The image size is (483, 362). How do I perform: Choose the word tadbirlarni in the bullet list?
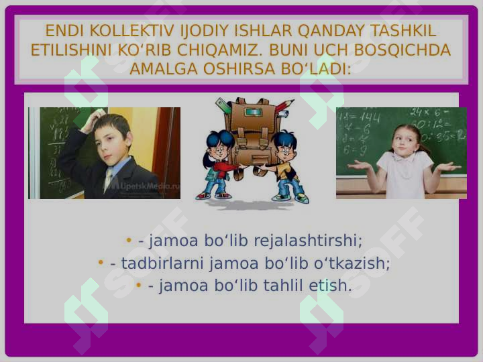coord(162,263)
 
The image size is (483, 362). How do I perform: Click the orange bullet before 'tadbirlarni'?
coord(101,263)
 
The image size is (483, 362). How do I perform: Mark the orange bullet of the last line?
coord(139,285)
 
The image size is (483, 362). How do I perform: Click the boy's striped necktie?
coord(109,179)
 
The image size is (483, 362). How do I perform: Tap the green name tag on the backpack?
coord(253,111)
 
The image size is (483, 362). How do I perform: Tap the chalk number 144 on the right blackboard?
coord(370,117)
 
